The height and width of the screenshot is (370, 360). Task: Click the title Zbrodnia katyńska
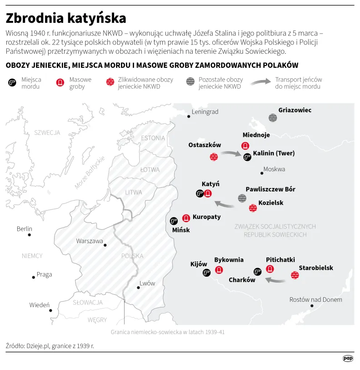pos(66,18)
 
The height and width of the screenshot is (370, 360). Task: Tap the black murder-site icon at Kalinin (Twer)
pos(247,157)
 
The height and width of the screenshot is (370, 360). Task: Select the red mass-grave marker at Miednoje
pos(245,146)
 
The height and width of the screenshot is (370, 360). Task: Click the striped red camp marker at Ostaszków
pos(214,157)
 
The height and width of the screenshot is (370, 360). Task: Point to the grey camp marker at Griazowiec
pos(273,118)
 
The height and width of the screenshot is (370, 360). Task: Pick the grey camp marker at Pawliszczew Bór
pos(242,198)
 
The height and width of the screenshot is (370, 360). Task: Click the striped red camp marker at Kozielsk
pos(253,208)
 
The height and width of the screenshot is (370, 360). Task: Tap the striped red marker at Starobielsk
pos(295,275)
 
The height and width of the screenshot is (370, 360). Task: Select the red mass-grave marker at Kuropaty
pos(186,218)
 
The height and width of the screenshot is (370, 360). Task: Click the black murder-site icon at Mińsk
pos(173,221)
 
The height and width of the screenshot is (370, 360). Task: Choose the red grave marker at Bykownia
pos(219,269)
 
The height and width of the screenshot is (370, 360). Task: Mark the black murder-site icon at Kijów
pos(206,272)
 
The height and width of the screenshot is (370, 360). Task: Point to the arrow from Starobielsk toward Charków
pos(275,280)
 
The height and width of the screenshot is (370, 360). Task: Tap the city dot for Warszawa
pos(105,245)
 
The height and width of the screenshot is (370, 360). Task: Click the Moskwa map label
pos(275,169)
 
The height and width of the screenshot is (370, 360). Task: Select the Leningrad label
pos(205,112)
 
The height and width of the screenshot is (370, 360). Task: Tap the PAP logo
pos(348,358)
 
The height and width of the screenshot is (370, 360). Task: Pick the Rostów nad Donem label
pos(316,299)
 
